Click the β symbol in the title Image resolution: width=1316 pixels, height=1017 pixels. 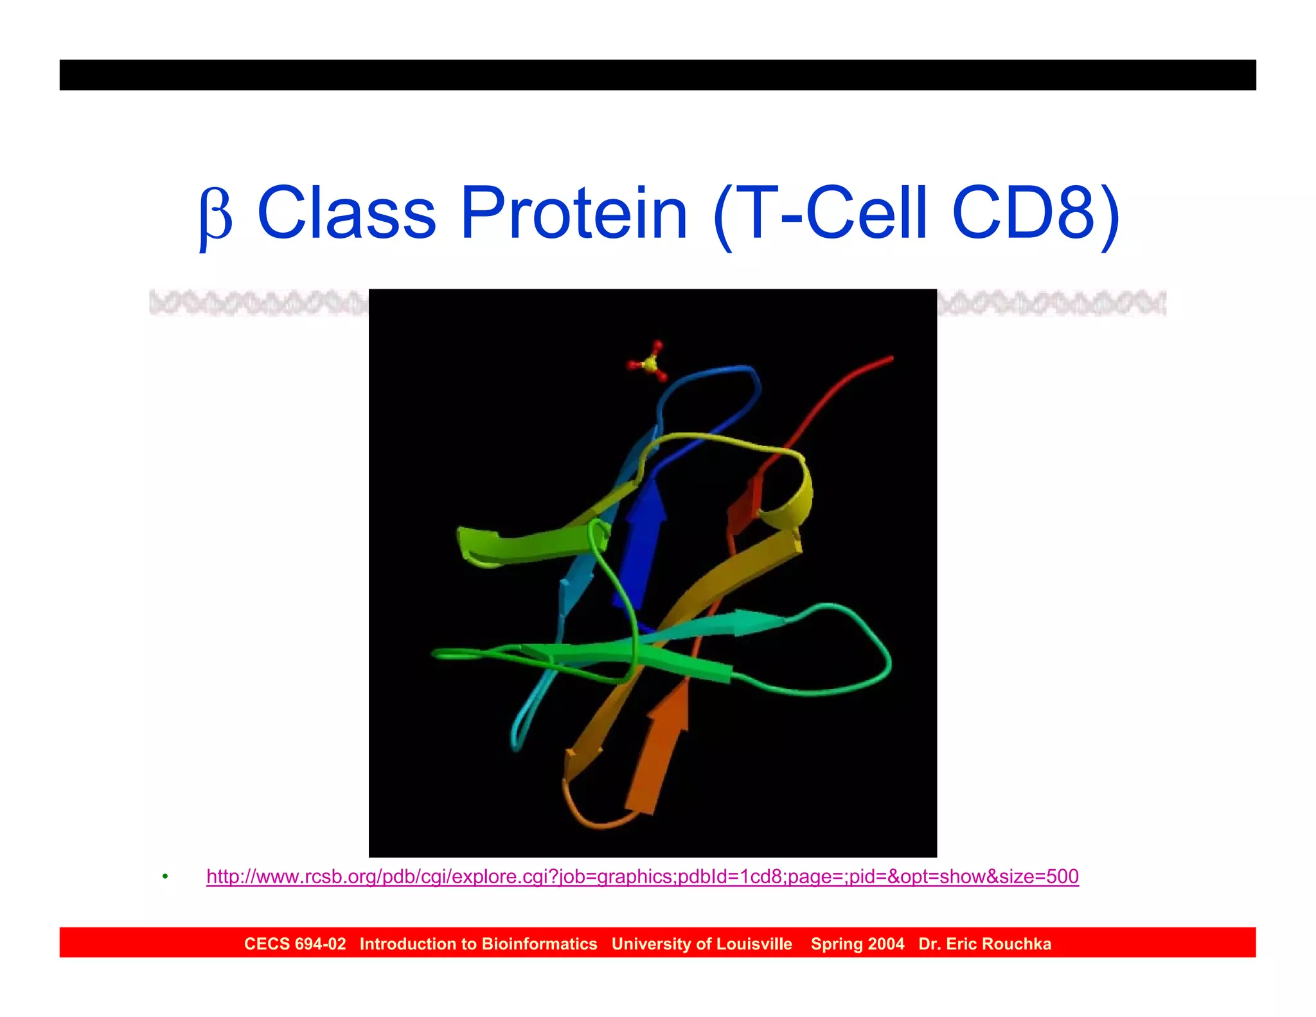pos(215,216)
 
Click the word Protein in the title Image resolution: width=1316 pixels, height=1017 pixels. pos(574,213)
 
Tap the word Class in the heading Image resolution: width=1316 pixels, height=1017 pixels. pos(346,213)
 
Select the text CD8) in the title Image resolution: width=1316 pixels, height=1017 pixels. pos(1036,213)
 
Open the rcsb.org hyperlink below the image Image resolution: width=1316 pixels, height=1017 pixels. pos(642,876)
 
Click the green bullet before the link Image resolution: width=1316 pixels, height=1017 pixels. pos(165,877)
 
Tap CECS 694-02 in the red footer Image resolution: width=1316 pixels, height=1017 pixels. pos(295,944)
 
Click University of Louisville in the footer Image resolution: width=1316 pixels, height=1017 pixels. pos(702,944)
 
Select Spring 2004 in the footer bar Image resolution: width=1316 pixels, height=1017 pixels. pos(857,944)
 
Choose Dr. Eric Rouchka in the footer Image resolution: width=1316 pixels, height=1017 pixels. pos(984,944)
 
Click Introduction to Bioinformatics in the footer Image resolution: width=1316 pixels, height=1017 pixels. pos(478,944)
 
